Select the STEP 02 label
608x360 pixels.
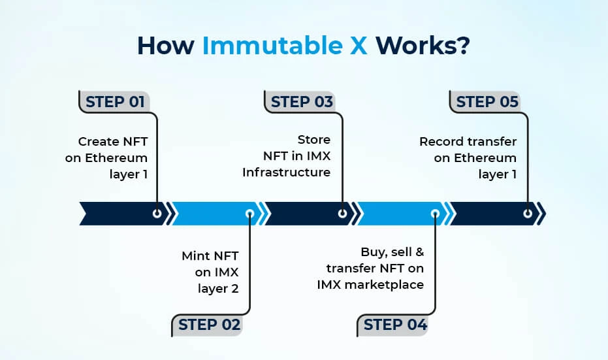pyautogui.click(x=209, y=324)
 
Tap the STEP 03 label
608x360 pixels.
pyautogui.click(x=302, y=102)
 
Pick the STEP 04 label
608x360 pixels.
pyautogui.click(x=395, y=324)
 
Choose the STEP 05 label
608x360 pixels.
pyautogui.click(x=487, y=102)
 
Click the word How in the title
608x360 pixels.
pyautogui.click(x=166, y=47)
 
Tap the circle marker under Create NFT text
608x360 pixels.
pyautogui.click(x=157, y=214)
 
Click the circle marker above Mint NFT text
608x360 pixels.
pyautogui.click(x=249, y=214)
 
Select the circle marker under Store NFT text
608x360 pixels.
pyautogui.click(x=342, y=214)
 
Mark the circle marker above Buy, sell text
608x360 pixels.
pyautogui.click(x=435, y=214)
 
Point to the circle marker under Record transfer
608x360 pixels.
pyautogui.click(x=528, y=214)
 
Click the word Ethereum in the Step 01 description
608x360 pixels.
pyautogui.click(x=115, y=157)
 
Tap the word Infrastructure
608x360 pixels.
pyautogui.click(x=286, y=172)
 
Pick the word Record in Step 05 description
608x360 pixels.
pyautogui.click(x=440, y=142)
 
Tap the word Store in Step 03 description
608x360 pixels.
pyautogui.click(x=313, y=140)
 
